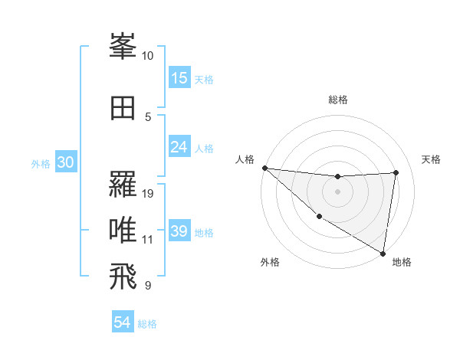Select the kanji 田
pos(123,108)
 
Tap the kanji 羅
pos(123,185)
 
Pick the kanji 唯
pos(123,231)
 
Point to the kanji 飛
pos(123,277)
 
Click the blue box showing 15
pos(179,78)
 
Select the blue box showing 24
pos(179,147)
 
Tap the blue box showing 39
pos(179,232)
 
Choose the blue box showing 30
pos(65,162)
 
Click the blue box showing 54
pos(123,323)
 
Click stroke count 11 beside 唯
pos(148,240)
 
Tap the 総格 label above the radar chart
pos(337,100)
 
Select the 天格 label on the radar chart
pos(431,159)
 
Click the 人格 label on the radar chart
pos(245,159)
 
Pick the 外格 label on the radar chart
pos(270,262)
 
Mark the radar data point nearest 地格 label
pos(383,253)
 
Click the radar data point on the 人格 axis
pos(264,168)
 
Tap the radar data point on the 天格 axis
pos(396,172)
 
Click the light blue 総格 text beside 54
pos(147,324)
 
